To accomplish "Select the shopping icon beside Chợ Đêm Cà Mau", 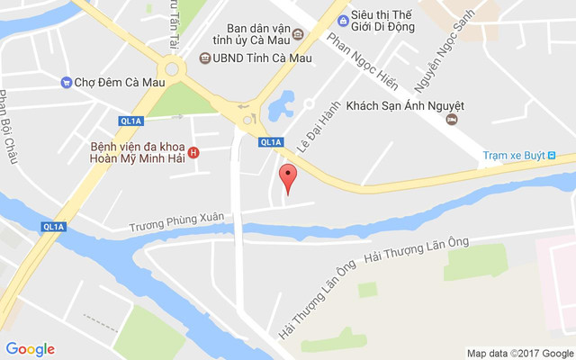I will [66, 83].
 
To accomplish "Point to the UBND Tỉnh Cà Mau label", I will [262, 58].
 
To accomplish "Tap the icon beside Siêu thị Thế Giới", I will [343, 21].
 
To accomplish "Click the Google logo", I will [31, 349].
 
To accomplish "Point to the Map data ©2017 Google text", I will [519, 353].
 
